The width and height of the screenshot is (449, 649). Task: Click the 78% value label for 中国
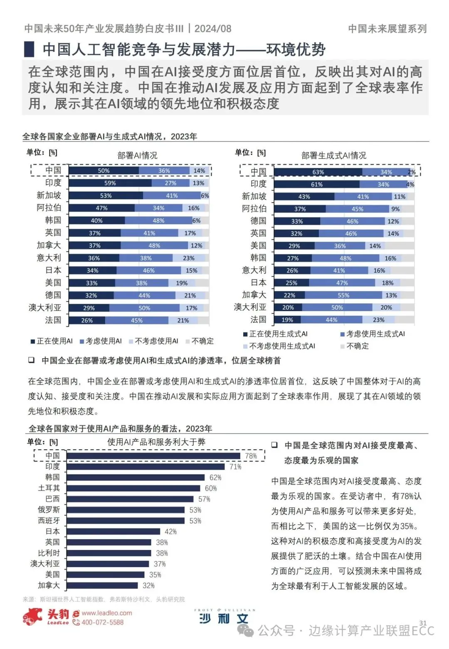(x=251, y=456)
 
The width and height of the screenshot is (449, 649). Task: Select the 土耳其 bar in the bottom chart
(x=133, y=488)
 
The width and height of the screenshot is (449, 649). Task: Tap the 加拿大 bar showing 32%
(x=102, y=585)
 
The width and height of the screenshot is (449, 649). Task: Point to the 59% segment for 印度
(x=110, y=183)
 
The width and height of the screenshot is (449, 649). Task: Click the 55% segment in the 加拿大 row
(x=343, y=295)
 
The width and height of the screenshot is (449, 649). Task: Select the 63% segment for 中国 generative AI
(x=318, y=172)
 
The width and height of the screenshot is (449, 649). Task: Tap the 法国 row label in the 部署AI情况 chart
(x=53, y=320)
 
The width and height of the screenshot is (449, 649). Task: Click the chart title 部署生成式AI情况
(x=333, y=156)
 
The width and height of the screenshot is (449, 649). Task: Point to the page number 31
(x=423, y=623)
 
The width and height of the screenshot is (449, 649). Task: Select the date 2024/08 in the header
(x=213, y=29)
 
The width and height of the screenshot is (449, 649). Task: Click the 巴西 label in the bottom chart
(x=52, y=499)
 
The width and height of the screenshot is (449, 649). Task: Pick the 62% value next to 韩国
(x=215, y=478)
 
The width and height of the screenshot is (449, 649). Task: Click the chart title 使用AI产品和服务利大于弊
(x=156, y=442)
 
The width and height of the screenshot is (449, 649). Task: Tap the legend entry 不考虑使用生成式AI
(x=282, y=346)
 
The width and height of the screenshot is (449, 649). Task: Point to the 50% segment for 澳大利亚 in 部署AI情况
(x=144, y=308)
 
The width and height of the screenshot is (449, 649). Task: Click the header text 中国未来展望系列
(x=387, y=29)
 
